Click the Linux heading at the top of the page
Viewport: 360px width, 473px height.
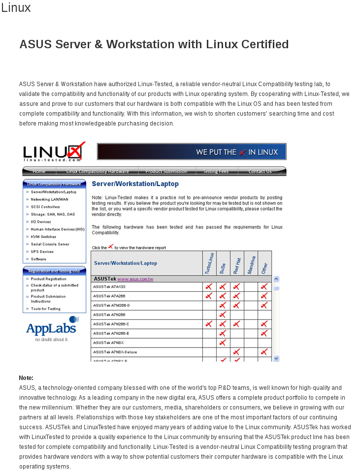click(x=16, y=8)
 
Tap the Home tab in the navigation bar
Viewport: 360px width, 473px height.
click(x=39, y=171)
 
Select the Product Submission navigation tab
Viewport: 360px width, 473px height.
click(x=166, y=171)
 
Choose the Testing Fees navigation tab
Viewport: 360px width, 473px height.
click(x=216, y=171)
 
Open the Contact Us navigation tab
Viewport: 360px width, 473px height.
click(x=260, y=171)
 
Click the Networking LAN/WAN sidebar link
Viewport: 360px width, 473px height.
click(x=49, y=199)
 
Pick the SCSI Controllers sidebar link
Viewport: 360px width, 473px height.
click(x=45, y=207)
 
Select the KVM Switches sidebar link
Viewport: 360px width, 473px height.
click(x=43, y=237)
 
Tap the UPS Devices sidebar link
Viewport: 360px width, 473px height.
click(x=42, y=252)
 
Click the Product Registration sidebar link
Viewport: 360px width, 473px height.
click(x=48, y=279)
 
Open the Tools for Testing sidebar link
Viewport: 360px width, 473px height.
click(x=45, y=309)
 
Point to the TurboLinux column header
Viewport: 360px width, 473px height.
click(x=209, y=263)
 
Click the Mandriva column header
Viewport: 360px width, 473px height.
click(x=251, y=263)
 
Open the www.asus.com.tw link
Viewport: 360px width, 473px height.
click(x=135, y=279)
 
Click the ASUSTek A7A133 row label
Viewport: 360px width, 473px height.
click(x=109, y=286)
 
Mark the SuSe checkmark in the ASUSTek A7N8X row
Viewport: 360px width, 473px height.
click(x=223, y=343)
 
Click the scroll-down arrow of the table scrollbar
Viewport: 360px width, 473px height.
click(x=276, y=359)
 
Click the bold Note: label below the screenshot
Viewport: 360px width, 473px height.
click(x=26, y=378)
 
